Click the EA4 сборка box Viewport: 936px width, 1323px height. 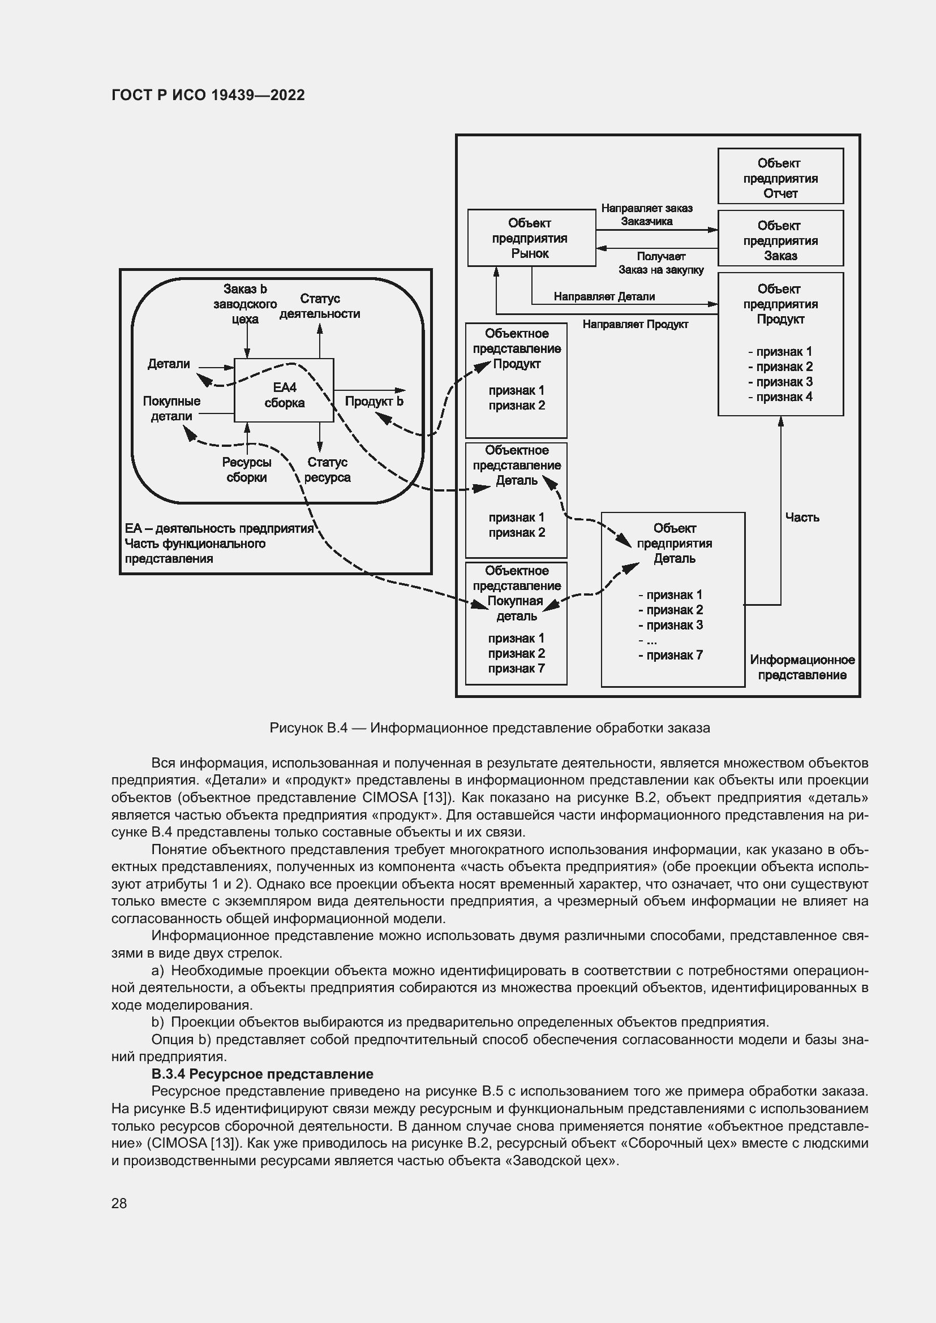pos(284,390)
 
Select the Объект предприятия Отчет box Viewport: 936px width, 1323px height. pos(780,176)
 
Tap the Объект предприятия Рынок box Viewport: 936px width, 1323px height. pos(531,238)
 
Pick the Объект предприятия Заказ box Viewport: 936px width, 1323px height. pos(780,239)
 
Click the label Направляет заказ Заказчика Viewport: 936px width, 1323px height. pos(647,215)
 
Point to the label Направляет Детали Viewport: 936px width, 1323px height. pos(604,297)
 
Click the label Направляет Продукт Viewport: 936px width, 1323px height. pos(635,325)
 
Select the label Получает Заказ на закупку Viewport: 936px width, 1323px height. pos(660,263)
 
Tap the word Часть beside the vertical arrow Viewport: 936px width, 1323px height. pos(802,518)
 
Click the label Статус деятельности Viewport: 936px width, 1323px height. pos(319,306)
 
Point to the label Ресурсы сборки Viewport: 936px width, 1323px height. pos(247,469)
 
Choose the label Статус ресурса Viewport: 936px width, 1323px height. pos(327,469)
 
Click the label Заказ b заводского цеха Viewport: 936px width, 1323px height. pos(245,304)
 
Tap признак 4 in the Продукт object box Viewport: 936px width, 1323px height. pos(780,397)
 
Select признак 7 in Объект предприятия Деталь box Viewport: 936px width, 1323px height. pos(670,655)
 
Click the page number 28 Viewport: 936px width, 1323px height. pos(119,1203)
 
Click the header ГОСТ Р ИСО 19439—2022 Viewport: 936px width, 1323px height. pos(208,95)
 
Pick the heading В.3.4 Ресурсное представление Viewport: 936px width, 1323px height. pos(262,1074)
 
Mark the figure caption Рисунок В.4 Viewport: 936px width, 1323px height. pos(490,728)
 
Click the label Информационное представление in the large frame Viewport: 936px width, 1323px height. pos(802,667)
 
